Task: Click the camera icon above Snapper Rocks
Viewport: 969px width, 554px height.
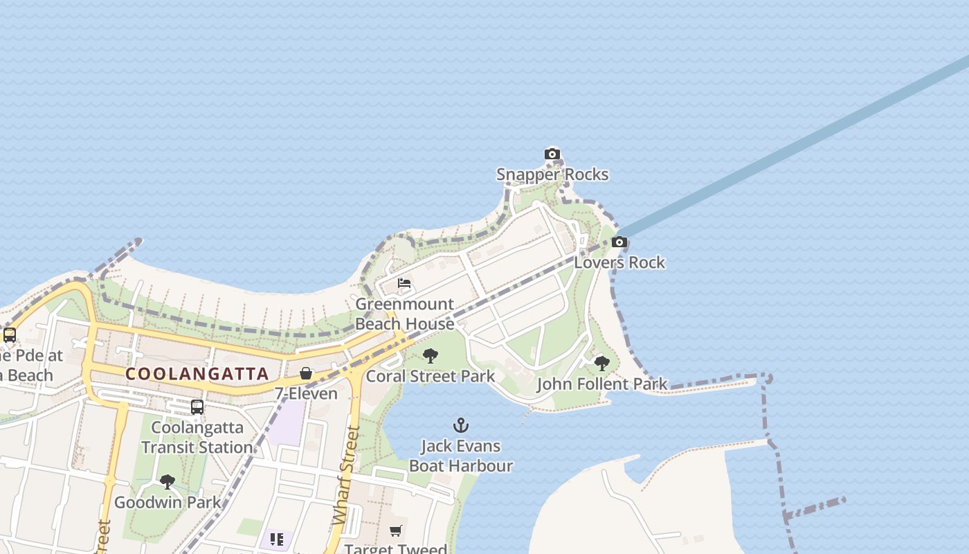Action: click(552, 154)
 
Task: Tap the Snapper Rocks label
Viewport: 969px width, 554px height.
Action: click(552, 175)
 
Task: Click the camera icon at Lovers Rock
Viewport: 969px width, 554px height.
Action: click(619, 242)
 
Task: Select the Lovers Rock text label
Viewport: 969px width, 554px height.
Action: click(619, 262)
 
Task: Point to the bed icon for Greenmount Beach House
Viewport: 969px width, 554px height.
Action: click(404, 283)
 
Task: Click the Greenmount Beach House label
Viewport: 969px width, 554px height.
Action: click(405, 314)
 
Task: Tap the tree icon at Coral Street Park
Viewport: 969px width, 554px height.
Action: click(431, 356)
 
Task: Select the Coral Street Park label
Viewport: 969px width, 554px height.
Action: click(431, 376)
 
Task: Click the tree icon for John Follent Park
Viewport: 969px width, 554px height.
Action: click(602, 363)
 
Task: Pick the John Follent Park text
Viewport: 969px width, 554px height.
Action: click(602, 384)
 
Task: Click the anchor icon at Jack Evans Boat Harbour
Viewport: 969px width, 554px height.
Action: click(461, 425)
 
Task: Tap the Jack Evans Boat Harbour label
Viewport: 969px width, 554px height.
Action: click(461, 456)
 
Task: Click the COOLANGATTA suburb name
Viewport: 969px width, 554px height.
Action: click(197, 374)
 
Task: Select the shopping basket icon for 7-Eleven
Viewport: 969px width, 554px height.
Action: click(306, 373)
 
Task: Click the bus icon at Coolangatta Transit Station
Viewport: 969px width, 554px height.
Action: click(197, 406)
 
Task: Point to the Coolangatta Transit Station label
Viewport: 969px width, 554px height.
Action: click(197, 437)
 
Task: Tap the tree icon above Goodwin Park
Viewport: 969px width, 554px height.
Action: click(167, 482)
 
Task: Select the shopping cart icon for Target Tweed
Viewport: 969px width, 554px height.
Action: click(395, 531)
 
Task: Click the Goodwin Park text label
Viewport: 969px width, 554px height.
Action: click(167, 502)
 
